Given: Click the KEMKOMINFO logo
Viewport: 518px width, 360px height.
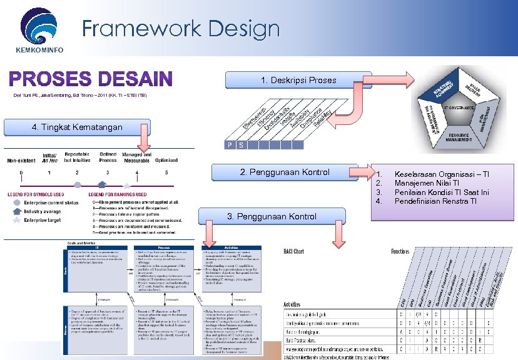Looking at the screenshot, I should [x=41, y=28].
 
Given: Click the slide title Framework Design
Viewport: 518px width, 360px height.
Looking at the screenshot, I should [x=181, y=29].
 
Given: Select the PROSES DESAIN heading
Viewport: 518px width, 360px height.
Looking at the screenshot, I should [x=89, y=79].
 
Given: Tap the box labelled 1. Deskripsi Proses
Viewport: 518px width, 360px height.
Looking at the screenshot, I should [x=298, y=80].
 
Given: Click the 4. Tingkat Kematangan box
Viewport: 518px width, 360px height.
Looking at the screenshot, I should [x=76, y=127].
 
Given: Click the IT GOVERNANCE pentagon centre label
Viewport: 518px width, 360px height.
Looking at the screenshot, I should [x=462, y=107].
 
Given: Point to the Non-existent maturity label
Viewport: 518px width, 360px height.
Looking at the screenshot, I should [x=21, y=160].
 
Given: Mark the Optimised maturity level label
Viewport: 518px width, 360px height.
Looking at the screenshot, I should [x=166, y=159].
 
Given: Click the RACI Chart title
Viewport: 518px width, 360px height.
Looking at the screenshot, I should [x=294, y=251].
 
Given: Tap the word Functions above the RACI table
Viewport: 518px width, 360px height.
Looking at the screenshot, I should [x=400, y=251].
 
